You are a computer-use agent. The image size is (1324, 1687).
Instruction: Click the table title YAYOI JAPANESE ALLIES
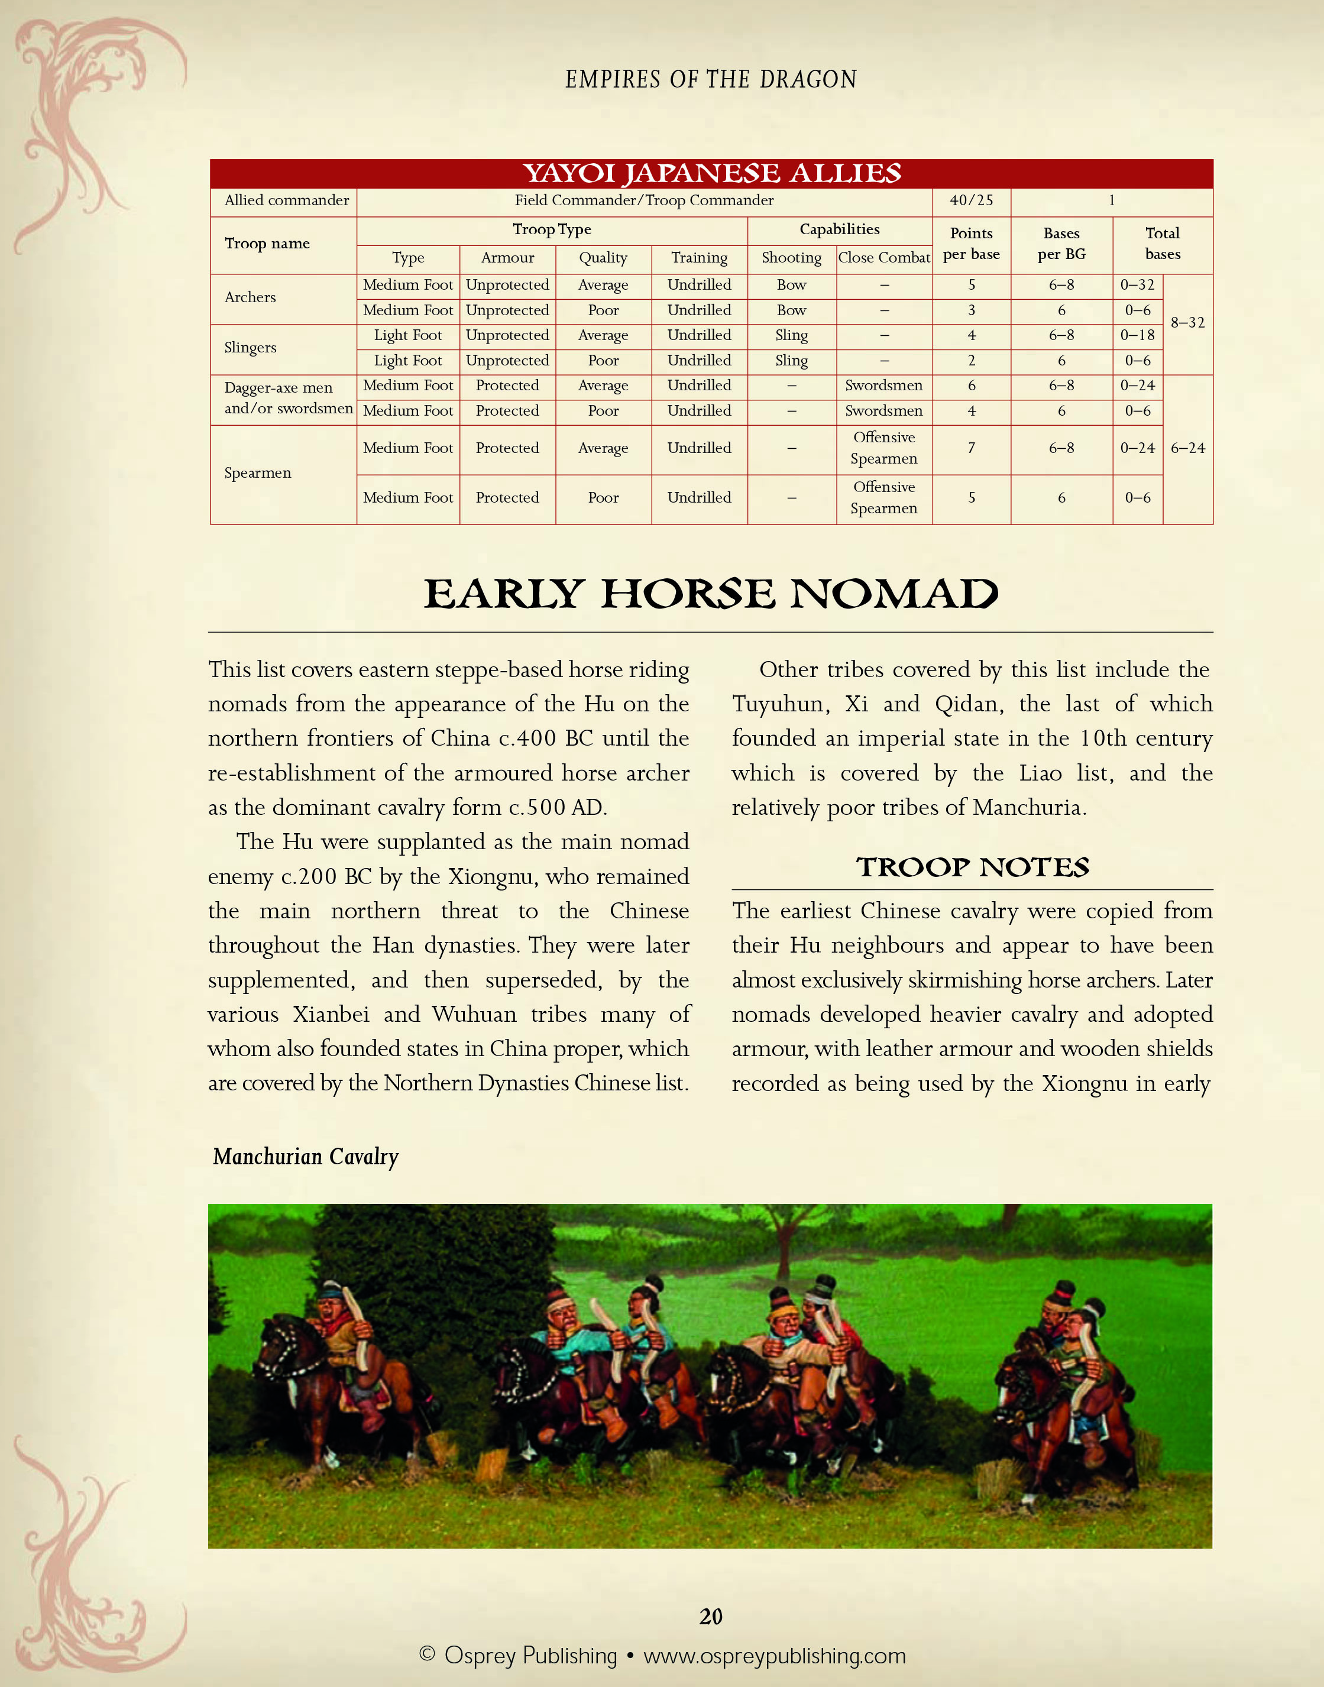(x=711, y=173)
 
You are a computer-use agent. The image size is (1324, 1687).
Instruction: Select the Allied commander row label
(x=286, y=200)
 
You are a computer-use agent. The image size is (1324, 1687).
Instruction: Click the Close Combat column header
(x=883, y=258)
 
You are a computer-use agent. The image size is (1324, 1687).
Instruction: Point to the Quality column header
(x=603, y=258)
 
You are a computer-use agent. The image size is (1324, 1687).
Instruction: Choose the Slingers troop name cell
(x=250, y=348)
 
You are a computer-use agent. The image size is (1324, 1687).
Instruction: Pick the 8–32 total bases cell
(x=1187, y=323)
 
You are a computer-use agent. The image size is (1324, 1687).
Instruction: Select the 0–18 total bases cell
(x=1137, y=335)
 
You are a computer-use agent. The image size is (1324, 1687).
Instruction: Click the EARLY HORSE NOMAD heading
(x=711, y=595)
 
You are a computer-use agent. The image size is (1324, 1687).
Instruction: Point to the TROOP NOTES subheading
(x=972, y=867)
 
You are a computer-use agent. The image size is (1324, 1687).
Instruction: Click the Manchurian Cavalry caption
(x=305, y=1157)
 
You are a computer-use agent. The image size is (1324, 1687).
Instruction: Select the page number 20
(x=710, y=1617)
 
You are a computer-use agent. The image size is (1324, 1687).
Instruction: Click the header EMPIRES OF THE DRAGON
(x=711, y=79)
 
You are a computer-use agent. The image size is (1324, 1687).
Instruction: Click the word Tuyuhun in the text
(x=778, y=704)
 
